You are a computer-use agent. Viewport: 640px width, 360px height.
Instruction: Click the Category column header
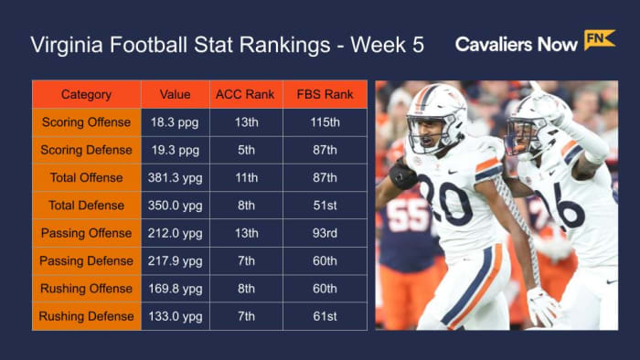[86, 95]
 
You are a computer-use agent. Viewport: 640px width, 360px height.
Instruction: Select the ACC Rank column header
[246, 95]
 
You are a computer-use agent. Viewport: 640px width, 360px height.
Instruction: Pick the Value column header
[175, 95]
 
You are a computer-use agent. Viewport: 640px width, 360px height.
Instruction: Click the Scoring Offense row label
[86, 122]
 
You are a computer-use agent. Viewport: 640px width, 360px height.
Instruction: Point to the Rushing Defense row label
[86, 317]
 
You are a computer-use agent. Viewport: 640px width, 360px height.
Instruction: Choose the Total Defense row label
[86, 206]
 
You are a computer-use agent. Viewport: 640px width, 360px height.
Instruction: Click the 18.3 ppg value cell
[175, 122]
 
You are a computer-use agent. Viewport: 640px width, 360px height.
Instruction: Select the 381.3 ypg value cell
[175, 177]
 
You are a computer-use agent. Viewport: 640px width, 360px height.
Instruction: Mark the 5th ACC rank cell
[246, 150]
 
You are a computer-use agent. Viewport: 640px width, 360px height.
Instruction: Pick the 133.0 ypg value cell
[175, 317]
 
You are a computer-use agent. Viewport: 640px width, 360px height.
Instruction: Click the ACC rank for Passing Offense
[246, 233]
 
